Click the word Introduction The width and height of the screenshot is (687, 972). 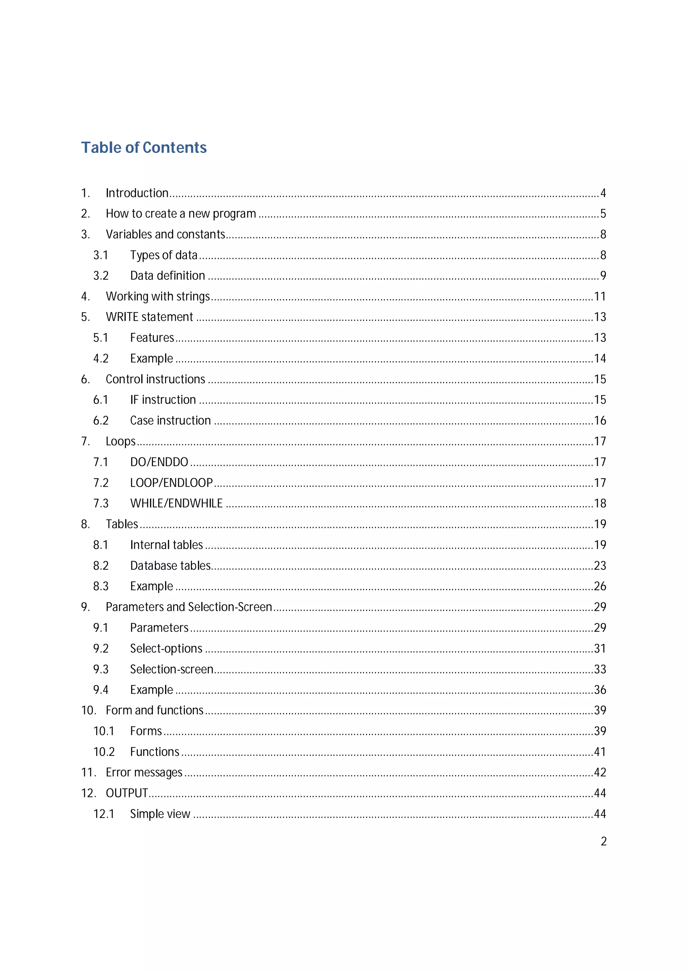137,193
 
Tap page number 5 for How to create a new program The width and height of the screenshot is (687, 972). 603,213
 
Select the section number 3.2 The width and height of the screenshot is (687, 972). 101,276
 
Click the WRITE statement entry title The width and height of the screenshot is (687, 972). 149,317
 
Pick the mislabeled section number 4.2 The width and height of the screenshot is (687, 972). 101,359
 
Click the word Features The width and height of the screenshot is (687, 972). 152,337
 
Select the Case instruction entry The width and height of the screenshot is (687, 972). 170,420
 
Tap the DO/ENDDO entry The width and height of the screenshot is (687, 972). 159,462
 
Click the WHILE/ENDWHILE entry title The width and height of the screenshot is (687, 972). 176,503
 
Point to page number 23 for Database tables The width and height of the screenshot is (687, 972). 599,565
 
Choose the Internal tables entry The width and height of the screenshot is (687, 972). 166,545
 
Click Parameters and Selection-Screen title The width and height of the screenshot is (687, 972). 189,607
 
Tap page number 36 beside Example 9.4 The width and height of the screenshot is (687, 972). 599,690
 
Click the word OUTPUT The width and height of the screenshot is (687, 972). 126,793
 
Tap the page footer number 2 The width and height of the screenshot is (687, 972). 603,841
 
